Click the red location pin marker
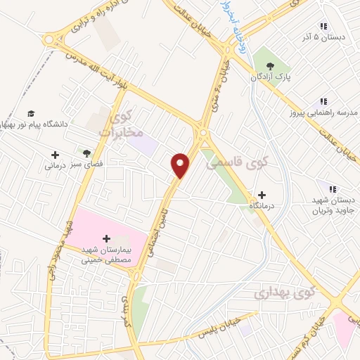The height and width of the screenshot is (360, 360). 181,166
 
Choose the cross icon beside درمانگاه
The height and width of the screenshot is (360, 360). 262,195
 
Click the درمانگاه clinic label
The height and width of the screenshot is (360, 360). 262,207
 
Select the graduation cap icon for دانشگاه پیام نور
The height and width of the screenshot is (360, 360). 31,114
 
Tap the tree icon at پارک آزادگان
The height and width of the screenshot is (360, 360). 267,63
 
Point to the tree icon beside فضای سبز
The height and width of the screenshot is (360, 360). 87,153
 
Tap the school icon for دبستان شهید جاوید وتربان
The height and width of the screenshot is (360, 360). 332,189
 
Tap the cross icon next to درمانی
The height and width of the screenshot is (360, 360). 56,154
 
